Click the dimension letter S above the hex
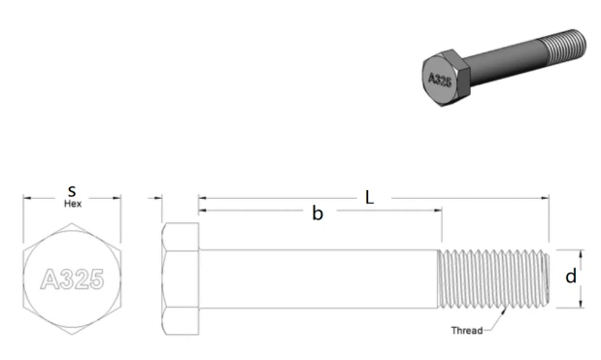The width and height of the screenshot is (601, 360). tap(72, 192)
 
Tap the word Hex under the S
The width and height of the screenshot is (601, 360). tap(72, 205)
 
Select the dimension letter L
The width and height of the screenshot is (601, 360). tap(370, 197)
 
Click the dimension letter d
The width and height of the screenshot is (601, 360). tap(571, 277)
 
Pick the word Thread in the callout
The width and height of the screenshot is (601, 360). tap(467, 331)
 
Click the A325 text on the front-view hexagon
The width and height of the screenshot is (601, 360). tap(73, 280)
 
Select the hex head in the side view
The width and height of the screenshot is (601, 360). tap(181, 279)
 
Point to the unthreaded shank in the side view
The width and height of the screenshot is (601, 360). tap(320, 279)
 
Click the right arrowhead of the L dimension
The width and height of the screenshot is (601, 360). tap(546, 199)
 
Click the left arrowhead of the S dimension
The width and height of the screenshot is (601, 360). tap(27, 199)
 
